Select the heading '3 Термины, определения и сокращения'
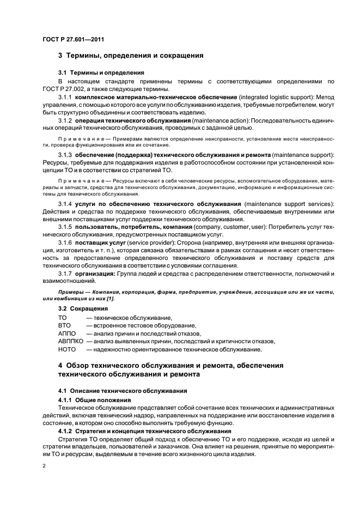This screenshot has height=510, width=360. coord(131,56)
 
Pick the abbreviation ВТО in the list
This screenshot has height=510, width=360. coord(64,325)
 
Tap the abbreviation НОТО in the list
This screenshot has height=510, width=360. coord(66,349)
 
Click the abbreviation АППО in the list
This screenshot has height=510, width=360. coord(66,333)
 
